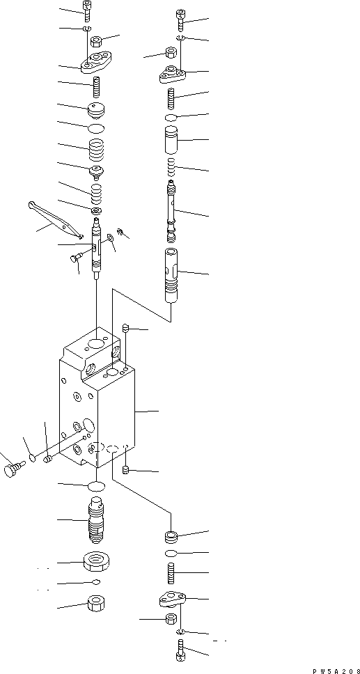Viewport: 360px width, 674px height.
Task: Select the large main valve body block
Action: [x=97, y=411]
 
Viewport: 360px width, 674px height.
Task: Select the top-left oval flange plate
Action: [x=96, y=65]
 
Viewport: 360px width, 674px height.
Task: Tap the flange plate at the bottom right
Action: [x=169, y=599]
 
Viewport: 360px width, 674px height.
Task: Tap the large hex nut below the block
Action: [x=95, y=560]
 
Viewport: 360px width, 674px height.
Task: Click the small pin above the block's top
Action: [x=126, y=328]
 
